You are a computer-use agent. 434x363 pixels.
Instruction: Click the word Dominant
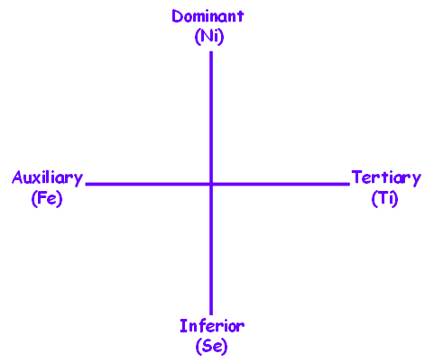(x=208, y=16)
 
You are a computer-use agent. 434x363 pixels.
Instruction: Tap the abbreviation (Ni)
(x=209, y=37)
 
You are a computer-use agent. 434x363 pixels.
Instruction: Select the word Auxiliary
(x=47, y=178)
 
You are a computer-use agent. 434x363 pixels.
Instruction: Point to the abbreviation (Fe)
(x=47, y=198)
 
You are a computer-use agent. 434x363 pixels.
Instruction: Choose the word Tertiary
(x=386, y=178)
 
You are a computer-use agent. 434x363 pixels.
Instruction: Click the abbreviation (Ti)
(x=384, y=198)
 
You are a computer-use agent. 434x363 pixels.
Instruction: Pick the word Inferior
(x=212, y=326)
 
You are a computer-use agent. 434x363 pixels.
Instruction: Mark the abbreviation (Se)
(x=212, y=346)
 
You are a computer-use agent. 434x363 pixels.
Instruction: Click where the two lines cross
(x=211, y=184)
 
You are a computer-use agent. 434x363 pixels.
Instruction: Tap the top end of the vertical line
(x=211, y=52)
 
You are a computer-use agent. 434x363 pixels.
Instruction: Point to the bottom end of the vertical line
(x=211, y=314)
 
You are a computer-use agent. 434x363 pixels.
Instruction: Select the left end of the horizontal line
(x=86, y=184)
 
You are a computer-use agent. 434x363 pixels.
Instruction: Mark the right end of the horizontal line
(x=349, y=184)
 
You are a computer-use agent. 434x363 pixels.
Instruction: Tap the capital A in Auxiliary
(x=17, y=177)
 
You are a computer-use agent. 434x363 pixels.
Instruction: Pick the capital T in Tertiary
(x=357, y=177)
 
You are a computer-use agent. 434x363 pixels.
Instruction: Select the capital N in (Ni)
(x=208, y=36)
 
